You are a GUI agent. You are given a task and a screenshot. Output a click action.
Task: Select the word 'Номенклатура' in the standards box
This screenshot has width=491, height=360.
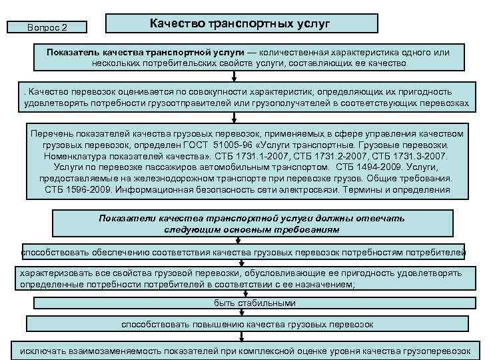(x=79, y=155)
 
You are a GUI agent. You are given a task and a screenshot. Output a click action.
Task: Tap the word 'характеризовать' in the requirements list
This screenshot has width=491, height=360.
(x=56, y=273)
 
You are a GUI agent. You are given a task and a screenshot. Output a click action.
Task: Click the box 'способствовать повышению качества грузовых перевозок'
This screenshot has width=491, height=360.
(x=246, y=325)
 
